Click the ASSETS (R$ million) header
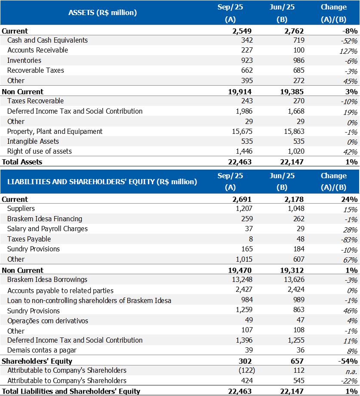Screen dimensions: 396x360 coord(102,12)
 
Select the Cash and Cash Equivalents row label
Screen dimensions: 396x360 coord(47,40)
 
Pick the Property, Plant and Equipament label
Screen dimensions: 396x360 coord(55,131)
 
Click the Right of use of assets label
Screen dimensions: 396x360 coord(40,151)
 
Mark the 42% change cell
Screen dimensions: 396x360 coord(350,152)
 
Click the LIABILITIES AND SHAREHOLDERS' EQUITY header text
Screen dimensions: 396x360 coord(102,181)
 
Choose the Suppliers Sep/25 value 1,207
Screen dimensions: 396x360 coord(243,208)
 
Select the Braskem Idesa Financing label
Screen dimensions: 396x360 coord(45,219)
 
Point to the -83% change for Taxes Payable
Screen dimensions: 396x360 coord(349,240)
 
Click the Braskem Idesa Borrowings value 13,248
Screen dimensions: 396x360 coord(241,279)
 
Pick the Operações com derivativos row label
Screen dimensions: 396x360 coord(48,320)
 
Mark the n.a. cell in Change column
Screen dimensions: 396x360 coord(351,371)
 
